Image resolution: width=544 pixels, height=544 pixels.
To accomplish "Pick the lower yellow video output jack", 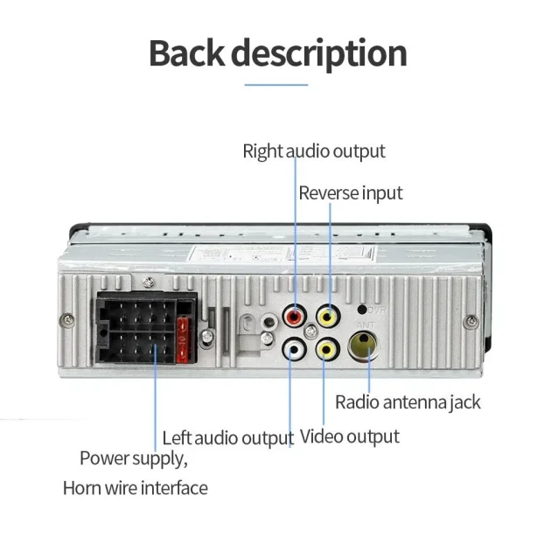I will pos(325,350).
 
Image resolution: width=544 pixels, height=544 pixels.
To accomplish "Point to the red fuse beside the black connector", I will pos(182,339).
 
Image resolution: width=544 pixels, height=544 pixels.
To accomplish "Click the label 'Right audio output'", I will pos(313,151).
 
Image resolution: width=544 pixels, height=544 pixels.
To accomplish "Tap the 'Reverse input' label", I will pos(351,192).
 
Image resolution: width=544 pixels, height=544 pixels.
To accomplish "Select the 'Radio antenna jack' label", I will pos(408,402).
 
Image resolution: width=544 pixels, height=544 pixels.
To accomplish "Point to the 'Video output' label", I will pos(350,436).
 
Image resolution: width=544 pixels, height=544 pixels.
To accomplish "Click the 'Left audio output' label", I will pos(227,437).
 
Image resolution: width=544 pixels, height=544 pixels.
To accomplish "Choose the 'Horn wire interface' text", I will pos(135,487).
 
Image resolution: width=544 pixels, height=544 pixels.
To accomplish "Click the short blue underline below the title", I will pos(276,85).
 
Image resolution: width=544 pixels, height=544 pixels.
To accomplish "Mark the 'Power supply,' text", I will pos(134,457).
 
